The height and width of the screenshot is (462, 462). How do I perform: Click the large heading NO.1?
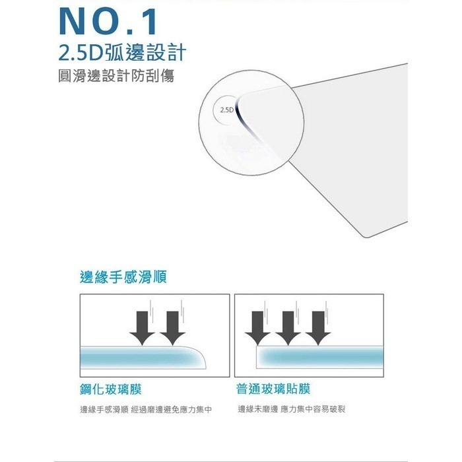tap(108, 22)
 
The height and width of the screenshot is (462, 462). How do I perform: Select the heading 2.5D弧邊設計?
tap(122, 52)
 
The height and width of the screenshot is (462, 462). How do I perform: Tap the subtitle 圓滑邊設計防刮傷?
tap(116, 76)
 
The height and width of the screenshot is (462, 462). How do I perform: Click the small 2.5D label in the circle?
tap(226, 110)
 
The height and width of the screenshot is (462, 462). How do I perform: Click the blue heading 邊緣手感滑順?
tap(123, 277)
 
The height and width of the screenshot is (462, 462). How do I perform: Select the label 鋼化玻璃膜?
tap(111, 389)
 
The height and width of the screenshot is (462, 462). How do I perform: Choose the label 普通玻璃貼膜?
tap(273, 389)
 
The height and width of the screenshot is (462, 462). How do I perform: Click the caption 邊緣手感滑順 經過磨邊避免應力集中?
tap(146, 410)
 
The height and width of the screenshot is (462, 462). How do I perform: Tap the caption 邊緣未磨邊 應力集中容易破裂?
tap(292, 409)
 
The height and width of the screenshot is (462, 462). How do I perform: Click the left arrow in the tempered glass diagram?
tap(143, 327)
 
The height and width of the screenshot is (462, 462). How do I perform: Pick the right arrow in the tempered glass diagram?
tap(172, 327)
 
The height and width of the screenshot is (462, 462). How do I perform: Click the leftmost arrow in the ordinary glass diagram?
tap(257, 327)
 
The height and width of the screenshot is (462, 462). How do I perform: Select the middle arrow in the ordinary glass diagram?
tap(288, 327)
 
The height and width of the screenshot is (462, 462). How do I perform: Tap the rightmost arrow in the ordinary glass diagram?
tap(318, 327)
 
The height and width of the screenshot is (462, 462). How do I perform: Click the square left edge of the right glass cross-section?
tap(257, 357)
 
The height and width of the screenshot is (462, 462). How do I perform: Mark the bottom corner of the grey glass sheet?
tap(366, 236)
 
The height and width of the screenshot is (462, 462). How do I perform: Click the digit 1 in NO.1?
tap(150, 22)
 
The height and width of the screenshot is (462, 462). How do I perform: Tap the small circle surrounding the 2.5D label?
tap(214, 110)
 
